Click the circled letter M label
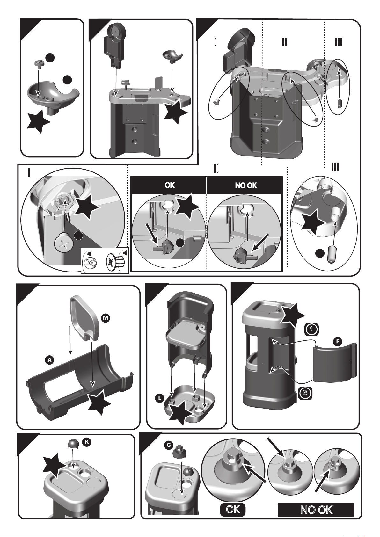point(105,317)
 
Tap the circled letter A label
point(49,360)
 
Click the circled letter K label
point(87,442)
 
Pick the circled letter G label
point(170,445)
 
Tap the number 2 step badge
point(305,393)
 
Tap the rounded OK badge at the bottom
point(233,510)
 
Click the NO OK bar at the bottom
point(316,510)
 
